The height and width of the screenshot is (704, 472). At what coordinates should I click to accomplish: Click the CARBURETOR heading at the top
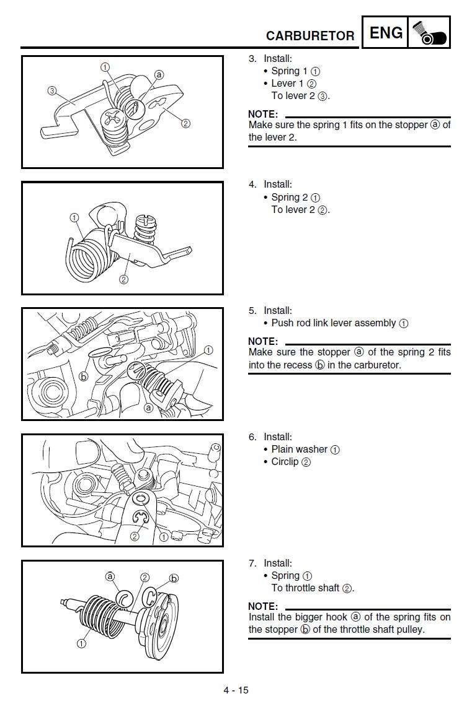pos(310,36)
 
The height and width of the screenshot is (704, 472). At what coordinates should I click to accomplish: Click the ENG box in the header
pos(386,33)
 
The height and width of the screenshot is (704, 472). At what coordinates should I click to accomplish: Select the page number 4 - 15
pos(236,690)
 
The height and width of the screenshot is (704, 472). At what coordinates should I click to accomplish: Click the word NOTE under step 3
pos(263,114)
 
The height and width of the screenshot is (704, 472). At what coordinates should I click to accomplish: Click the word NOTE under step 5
pos(263,341)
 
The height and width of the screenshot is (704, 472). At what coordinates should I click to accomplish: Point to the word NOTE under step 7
pos(263,606)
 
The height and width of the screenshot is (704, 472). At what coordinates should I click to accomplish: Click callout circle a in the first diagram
pos(159,75)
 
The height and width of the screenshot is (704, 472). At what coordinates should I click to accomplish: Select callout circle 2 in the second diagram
pos(123,279)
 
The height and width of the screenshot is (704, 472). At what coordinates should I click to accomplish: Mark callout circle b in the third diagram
pos(84,376)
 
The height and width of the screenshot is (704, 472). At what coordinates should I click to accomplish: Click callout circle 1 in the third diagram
pos(208,350)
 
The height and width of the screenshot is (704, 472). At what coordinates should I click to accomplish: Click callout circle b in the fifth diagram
pos(174,578)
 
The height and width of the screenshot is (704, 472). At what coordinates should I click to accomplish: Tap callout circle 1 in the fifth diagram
pos(81,643)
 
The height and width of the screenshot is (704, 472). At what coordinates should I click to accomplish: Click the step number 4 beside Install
pos(252,185)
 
